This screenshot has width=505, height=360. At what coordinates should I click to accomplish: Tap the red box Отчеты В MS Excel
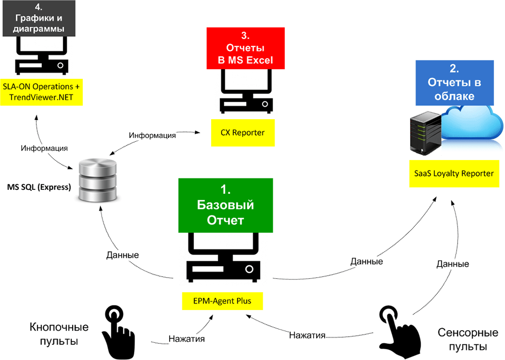[x=246, y=48]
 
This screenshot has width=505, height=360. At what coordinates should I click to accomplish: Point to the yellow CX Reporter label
[x=243, y=133]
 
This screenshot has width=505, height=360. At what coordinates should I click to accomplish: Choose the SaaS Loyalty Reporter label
[x=450, y=174]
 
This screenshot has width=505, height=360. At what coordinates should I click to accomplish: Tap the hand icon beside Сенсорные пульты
[x=399, y=333]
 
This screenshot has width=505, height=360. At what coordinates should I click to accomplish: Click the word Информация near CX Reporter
[x=152, y=135]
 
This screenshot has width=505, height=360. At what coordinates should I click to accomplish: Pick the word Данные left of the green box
[x=123, y=255]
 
